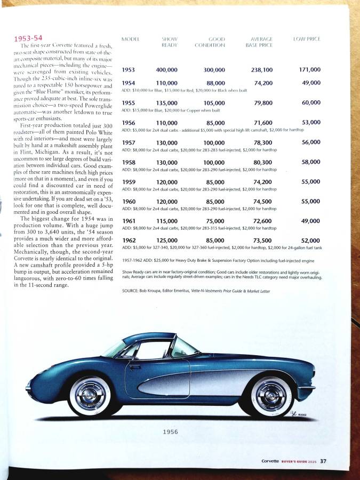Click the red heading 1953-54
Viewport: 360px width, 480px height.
pyautogui.click(x=28, y=38)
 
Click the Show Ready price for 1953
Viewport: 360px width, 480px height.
pyautogui.click(x=167, y=70)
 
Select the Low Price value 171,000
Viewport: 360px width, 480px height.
pyautogui.click(x=309, y=69)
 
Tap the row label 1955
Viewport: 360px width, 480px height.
pyautogui.click(x=128, y=103)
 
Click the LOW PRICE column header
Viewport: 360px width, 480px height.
pyautogui.click(x=307, y=39)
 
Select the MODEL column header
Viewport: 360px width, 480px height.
pyautogui.click(x=131, y=39)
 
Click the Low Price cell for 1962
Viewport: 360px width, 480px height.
pyautogui.click(x=310, y=241)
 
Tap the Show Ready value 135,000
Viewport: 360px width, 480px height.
pyautogui.click(x=167, y=103)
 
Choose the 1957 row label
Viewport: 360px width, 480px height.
pyautogui.click(x=128, y=142)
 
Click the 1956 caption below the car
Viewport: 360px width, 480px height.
pyautogui.click(x=171, y=432)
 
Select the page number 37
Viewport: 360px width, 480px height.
pyautogui.click(x=323, y=461)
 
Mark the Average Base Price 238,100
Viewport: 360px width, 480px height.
pyautogui.click(x=262, y=70)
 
